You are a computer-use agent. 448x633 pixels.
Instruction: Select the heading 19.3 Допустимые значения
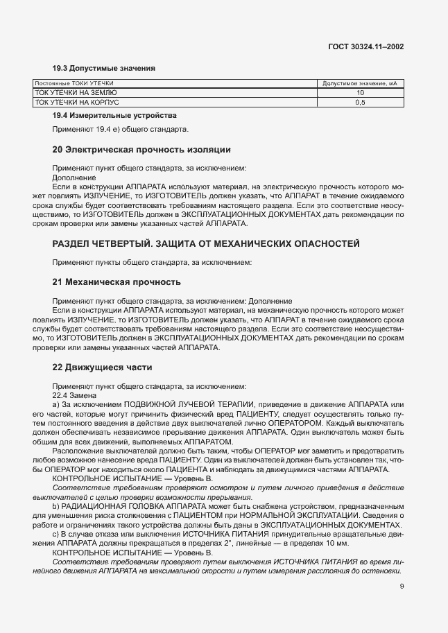click(x=103, y=68)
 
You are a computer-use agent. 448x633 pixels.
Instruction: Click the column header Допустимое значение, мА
click(x=360, y=84)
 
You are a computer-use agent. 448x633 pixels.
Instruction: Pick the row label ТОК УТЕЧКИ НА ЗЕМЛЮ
click(x=76, y=93)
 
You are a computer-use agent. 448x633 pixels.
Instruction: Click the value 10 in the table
click(x=360, y=93)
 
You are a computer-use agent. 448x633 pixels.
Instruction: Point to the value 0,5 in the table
click(x=360, y=102)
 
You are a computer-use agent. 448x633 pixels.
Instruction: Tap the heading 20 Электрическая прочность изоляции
click(x=141, y=149)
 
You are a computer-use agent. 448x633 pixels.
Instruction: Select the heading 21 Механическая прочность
click(x=117, y=282)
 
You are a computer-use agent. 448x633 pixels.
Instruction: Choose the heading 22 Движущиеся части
click(x=103, y=367)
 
